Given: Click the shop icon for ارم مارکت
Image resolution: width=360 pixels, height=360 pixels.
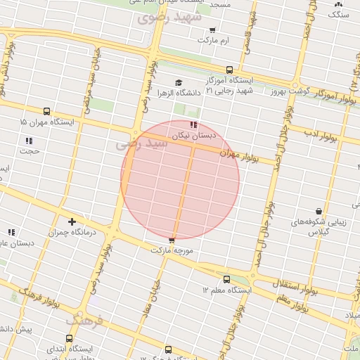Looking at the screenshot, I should [x=212, y=30].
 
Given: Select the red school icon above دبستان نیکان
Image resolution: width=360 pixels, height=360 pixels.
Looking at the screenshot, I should [x=193, y=124].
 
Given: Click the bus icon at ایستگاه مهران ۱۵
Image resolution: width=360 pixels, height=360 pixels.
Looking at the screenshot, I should [x=46, y=111].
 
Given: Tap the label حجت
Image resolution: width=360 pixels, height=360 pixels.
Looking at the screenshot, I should [x=30, y=150].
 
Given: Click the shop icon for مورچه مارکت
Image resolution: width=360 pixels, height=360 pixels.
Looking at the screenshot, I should [x=172, y=240].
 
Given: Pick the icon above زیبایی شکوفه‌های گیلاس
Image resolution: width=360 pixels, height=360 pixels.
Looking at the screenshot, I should [x=319, y=210].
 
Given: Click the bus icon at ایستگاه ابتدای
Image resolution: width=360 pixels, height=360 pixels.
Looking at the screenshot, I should [x=70, y=338].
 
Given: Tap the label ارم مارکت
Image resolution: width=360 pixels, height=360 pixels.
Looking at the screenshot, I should [x=214, y=40].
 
